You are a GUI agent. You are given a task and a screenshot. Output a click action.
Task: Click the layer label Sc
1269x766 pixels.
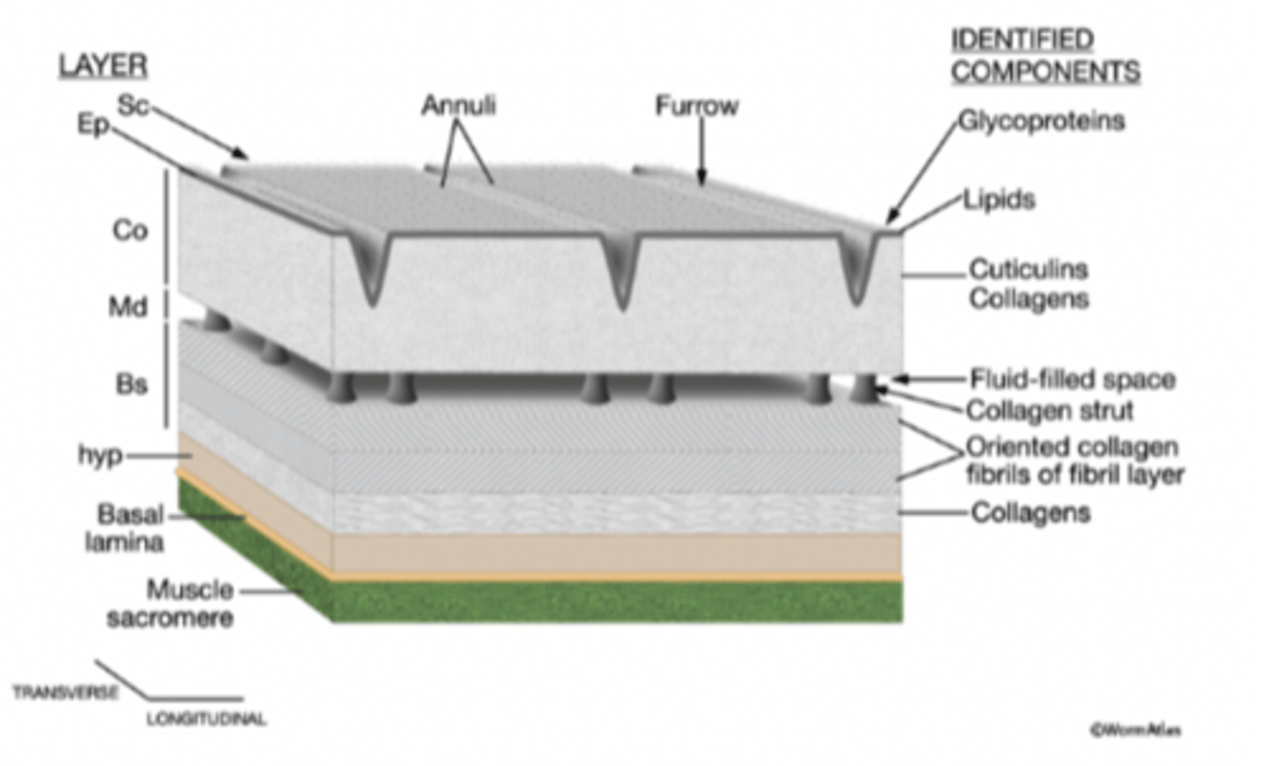pos(133,106)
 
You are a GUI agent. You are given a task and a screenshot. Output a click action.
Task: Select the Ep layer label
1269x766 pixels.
pos(93,124)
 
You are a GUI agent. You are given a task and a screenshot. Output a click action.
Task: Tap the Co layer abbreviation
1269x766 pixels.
pos(130,231)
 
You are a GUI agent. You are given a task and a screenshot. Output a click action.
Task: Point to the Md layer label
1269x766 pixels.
pos(128,307)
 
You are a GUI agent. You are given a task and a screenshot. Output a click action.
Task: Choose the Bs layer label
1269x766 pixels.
pos(131,384)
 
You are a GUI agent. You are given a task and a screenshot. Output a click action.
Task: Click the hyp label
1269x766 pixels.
pos(100,455)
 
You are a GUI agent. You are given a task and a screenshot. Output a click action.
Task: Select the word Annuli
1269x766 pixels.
pos(458,106)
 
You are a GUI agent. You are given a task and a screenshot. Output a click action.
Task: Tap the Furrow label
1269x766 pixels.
pos(697,106)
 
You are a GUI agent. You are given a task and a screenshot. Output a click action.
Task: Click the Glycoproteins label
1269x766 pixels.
pos(1042,122)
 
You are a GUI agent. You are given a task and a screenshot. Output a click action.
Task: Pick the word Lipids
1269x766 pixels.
pos(999,200)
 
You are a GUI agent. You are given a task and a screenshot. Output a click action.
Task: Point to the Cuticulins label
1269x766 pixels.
pos(1028,270)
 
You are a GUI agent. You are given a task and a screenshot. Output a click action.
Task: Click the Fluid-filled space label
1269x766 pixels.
pos(1073,380)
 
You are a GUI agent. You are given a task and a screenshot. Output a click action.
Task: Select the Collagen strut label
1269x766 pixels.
pos(1050,411)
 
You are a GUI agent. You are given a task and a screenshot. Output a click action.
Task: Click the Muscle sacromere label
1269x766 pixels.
pos(171,604)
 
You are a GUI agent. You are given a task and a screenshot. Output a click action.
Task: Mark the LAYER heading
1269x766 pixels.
pos(103,66)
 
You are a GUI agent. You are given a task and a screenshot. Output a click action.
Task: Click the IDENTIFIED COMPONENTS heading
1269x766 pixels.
pos(1045,56)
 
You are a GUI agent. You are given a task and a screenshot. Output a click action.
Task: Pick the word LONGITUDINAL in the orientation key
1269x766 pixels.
pos(206,719)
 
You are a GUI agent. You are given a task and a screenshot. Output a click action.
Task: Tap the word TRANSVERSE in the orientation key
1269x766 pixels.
pos(66,692)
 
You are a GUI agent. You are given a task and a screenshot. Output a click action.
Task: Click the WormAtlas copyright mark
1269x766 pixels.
pos(1137,731)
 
